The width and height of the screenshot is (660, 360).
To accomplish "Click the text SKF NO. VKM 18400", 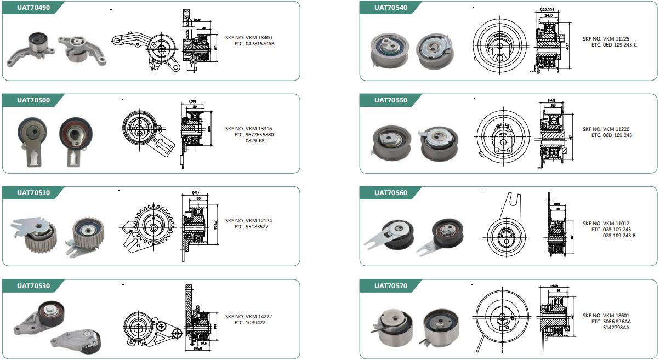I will [x=248, y=38].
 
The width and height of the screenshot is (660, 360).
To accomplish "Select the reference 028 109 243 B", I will [x=619, y=235].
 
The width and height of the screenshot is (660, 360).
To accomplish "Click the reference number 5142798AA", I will [x=616, y=328].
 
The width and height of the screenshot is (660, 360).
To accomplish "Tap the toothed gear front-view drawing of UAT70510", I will [x=151, y=226].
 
